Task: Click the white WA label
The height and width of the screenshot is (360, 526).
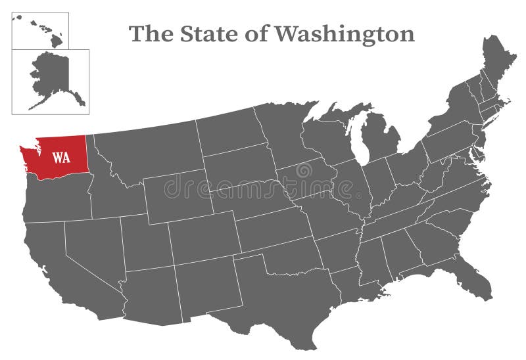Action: tap(62, 158)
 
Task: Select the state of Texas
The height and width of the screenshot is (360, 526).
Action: tap(283, 296)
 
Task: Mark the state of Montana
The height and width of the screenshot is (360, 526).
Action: tap(151, 148)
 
